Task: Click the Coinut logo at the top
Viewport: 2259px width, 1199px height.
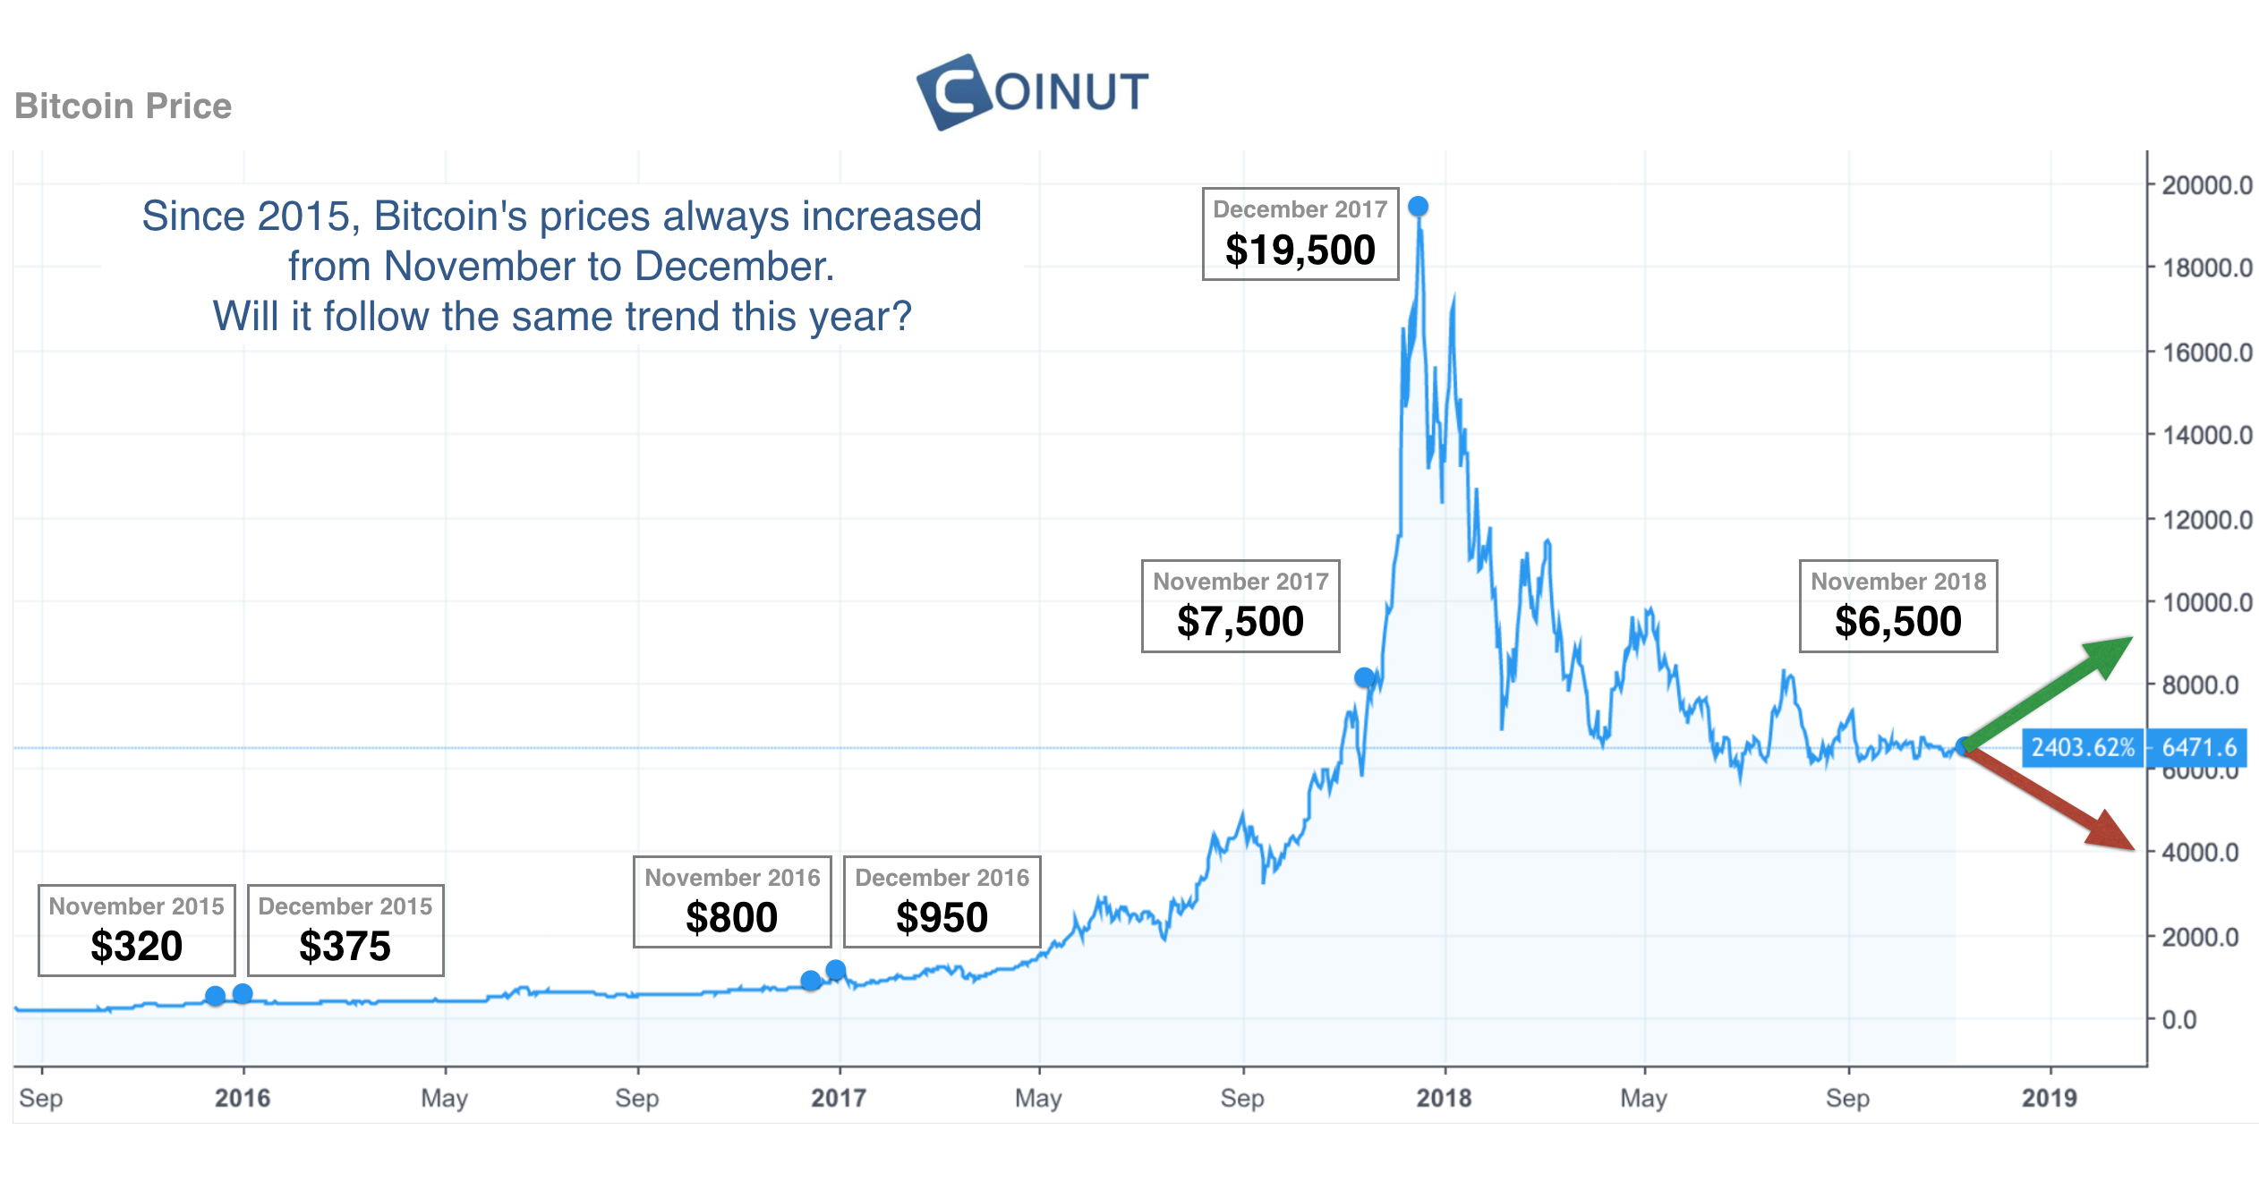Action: pyautogui.click(x=1033, y=91)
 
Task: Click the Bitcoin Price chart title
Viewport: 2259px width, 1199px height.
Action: pyautogui.click(x=124, y=106)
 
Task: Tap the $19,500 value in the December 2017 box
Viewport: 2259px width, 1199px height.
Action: pyautogui.click(x=1300, y=250)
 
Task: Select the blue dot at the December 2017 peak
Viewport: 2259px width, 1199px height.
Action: pyautogui.click(x=1418, y=207)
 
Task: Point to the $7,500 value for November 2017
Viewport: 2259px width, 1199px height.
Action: pyautogui.click(x=1240, y=621)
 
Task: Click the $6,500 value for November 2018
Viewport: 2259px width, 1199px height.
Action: pyautogui.click(x=1897, y=621)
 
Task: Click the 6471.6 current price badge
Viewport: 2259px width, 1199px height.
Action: pyautogui.click(x=2198, y=747)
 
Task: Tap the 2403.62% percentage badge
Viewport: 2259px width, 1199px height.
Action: pyautogui.click(x=2082, y=747)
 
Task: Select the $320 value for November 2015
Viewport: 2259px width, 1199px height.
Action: pyautogui.click(x=136, y=946)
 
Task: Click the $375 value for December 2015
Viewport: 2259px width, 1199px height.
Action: pyautogui.click(x=345, y=946)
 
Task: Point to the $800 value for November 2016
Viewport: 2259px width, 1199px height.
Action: pyautogui.click(x=731, y=917)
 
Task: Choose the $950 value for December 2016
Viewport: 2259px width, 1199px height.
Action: pyautogui.click(x=942, y=917)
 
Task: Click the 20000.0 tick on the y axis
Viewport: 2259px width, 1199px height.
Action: pyautogui.click(x=2206, y=185)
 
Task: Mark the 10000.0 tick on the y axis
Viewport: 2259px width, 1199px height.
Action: pyautogui.click(x=2206, y=602)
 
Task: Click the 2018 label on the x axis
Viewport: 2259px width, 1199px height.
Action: pyautogui.click(x=1444, y=1098)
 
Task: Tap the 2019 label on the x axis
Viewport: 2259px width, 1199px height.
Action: pyautogui.click(x=2049, y=1098)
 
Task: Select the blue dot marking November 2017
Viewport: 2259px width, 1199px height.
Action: pyautogui.click(x=1364, y=677)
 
